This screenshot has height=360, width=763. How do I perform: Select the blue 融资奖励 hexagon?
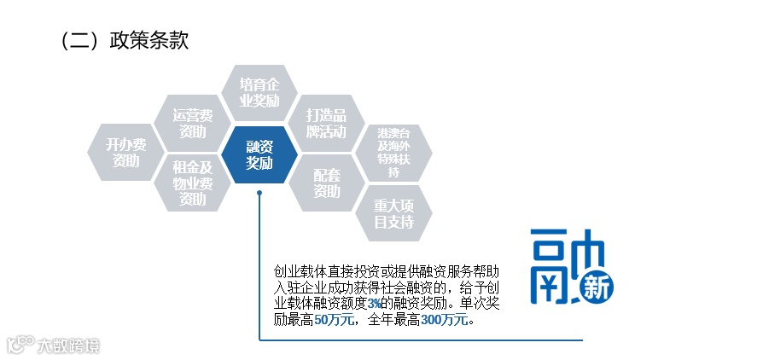coord(259,154)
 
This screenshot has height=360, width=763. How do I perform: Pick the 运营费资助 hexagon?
coord(193,123)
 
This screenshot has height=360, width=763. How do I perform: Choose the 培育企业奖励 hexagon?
coord(259,92)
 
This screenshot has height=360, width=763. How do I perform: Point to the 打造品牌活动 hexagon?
coord(327,124)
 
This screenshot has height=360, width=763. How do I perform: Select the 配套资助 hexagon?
coord(327,183)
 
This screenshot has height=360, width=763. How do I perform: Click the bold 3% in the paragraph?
coord(375,304)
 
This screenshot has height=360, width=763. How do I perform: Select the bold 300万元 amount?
coord(445,321)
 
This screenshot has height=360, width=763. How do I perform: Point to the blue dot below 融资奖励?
coord(259,193)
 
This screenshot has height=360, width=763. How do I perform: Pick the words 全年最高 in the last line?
coord(393,321)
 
